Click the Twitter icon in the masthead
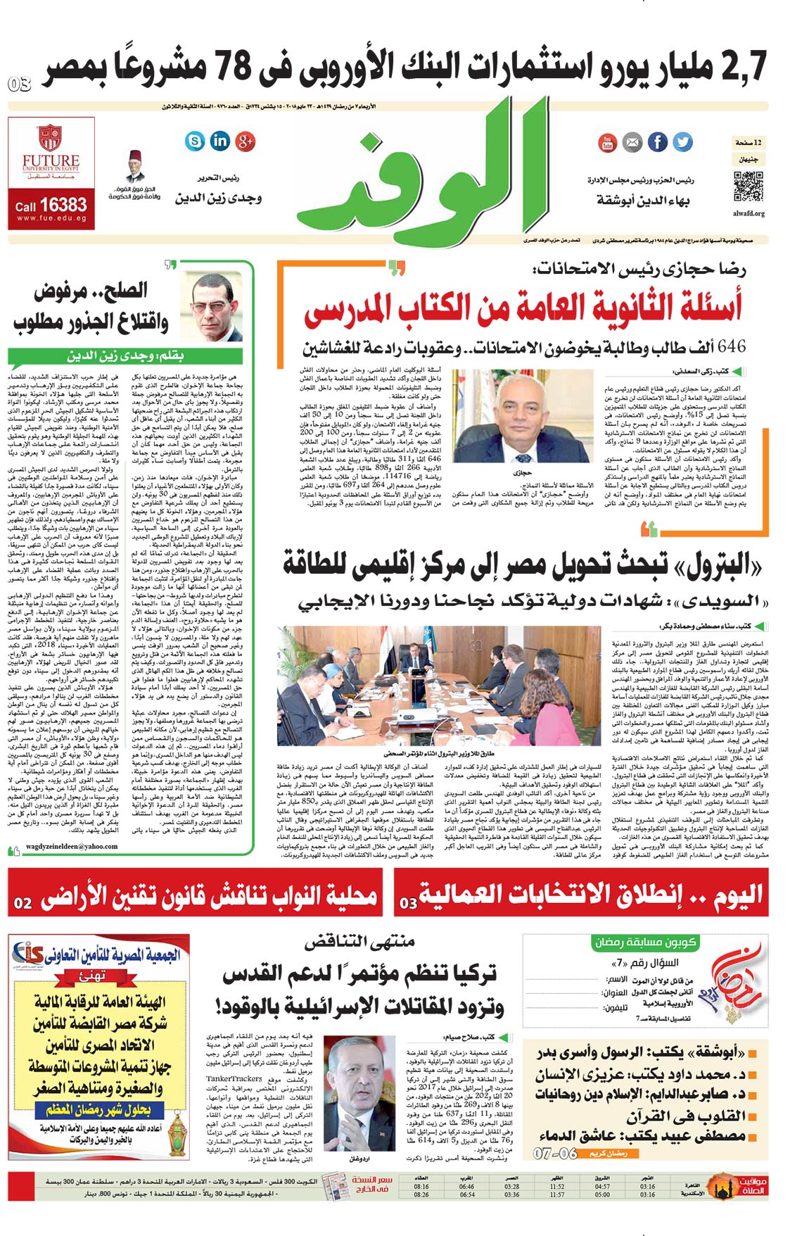pyautogui.click(x=682, y=142)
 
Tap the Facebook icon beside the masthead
pyautogui.click(x=657, y=142)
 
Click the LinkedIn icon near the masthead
pyautogui.click(x=220, y=141)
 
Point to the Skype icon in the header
pyautogui.click(x=195, y=141)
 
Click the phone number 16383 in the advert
pyautogui.click(x=63, y=205)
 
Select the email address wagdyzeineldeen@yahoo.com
pyautogui.click(x=72, y=846)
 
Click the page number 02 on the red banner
pyautogui.click(x=23, y=903)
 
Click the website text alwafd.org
pyautogui.click(x=749, y=213)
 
